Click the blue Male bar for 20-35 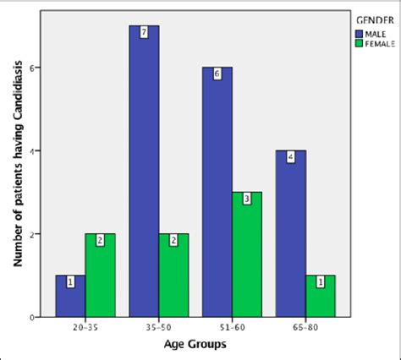point(70,296)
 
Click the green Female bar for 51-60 point(247,254)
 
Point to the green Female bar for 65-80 point(320,296)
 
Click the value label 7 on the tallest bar point(144,32)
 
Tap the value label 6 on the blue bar point(217,74)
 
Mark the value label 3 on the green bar point(247,199)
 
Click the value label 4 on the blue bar point(290,156)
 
